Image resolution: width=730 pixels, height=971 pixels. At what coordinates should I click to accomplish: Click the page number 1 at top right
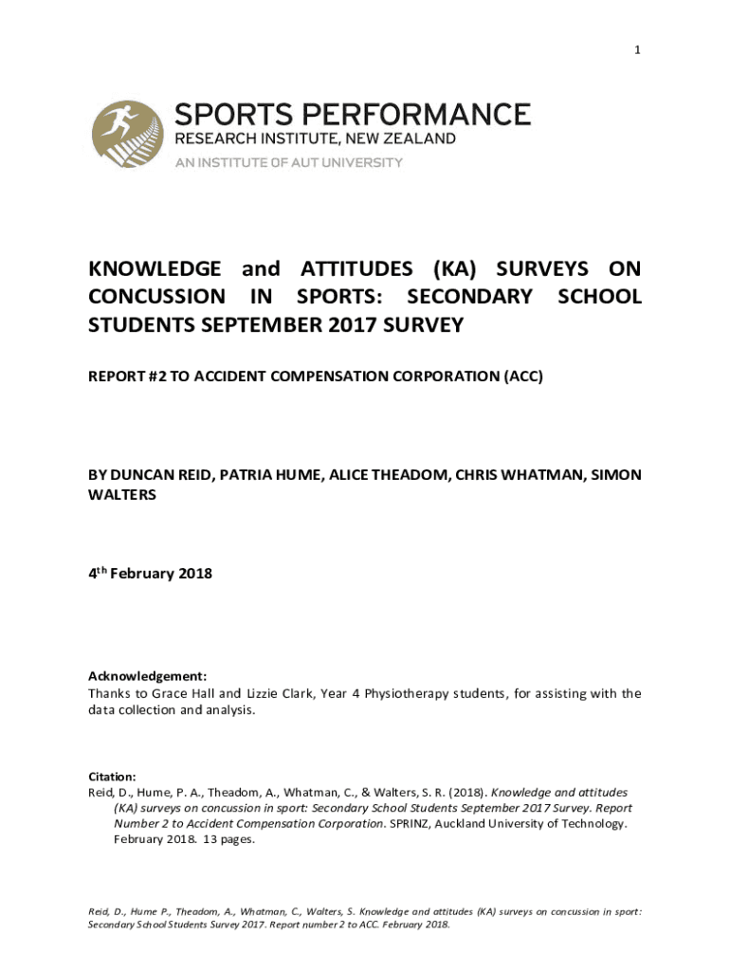click(x=638, y=50)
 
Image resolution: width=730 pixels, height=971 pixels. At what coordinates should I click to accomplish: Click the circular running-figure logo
click(x=126, y=136)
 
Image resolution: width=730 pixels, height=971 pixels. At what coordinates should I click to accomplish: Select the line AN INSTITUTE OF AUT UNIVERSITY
click(x=288, y=162)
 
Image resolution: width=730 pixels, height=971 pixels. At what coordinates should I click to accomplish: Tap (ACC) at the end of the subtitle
click(x=522, y=376)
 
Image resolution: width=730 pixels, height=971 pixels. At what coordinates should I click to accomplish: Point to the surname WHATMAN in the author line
click(x=540, y=474)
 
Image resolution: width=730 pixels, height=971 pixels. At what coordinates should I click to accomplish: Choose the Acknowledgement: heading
click(x=147, y=676)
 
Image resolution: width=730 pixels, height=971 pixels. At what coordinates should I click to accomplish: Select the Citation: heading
click(x=112, y=775)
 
